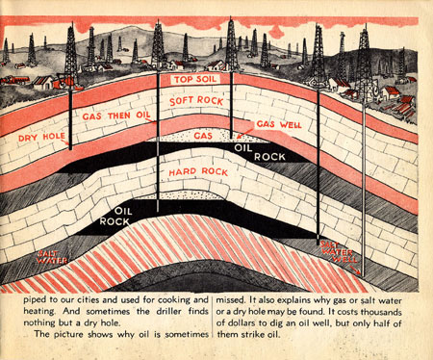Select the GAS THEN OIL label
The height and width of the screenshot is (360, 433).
pos(118,117)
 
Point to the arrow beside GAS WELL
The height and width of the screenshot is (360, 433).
pos(246,131)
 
